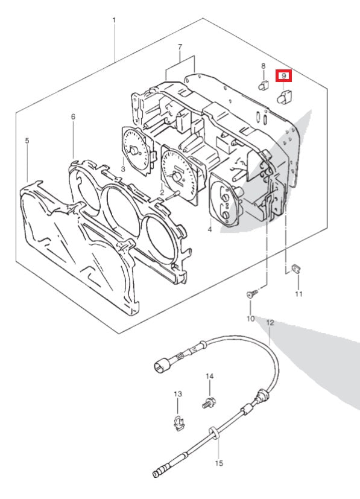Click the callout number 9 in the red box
283,76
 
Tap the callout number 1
115,21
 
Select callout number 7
180,47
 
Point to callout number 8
264,66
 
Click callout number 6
73,117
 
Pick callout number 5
27,141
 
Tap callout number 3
123,169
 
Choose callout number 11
298,294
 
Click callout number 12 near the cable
270,323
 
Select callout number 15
219,463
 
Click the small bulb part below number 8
263,85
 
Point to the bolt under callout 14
209,403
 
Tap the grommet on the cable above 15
213,433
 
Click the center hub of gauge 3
134,150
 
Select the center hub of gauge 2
176,176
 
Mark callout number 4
210,229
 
